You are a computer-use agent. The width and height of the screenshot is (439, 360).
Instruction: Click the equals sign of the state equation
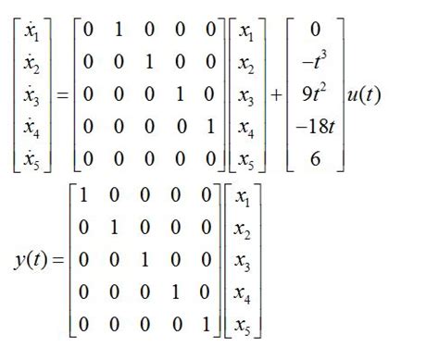(x=59, y=96)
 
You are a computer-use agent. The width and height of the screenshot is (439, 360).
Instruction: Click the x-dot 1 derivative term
(x=31, y=33)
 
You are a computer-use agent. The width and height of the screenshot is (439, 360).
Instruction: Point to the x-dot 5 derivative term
(x=31, y=159)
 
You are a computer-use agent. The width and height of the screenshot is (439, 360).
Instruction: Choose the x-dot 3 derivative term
(x=31, y=96)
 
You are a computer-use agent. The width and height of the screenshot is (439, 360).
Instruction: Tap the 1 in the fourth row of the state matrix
(x=210, y=128)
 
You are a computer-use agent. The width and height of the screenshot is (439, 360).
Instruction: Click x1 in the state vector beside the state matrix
(x=246, y=33)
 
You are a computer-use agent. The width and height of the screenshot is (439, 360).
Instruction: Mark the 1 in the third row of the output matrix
(x=148, y=260)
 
